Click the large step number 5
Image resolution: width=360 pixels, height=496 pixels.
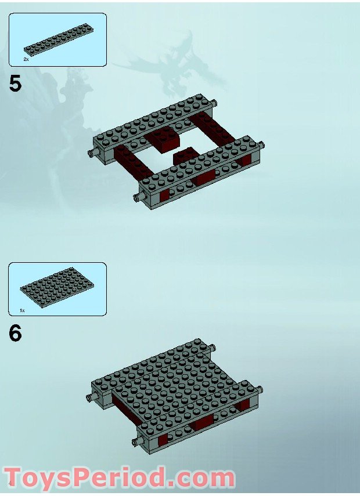[x=15, y=84]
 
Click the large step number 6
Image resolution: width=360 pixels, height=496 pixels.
[x=15, y=334]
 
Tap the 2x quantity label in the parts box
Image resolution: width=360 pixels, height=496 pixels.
[x=26, y=59]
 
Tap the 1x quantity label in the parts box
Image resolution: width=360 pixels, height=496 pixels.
[x=23, y=310]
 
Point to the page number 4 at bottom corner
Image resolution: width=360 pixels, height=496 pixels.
[x=10, y=483]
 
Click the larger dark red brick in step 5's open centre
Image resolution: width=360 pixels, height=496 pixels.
[x=166, y=138]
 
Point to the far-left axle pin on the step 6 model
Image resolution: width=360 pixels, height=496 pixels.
[x=91, y=397]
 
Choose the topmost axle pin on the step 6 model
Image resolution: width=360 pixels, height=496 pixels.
[x=215, y=347]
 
